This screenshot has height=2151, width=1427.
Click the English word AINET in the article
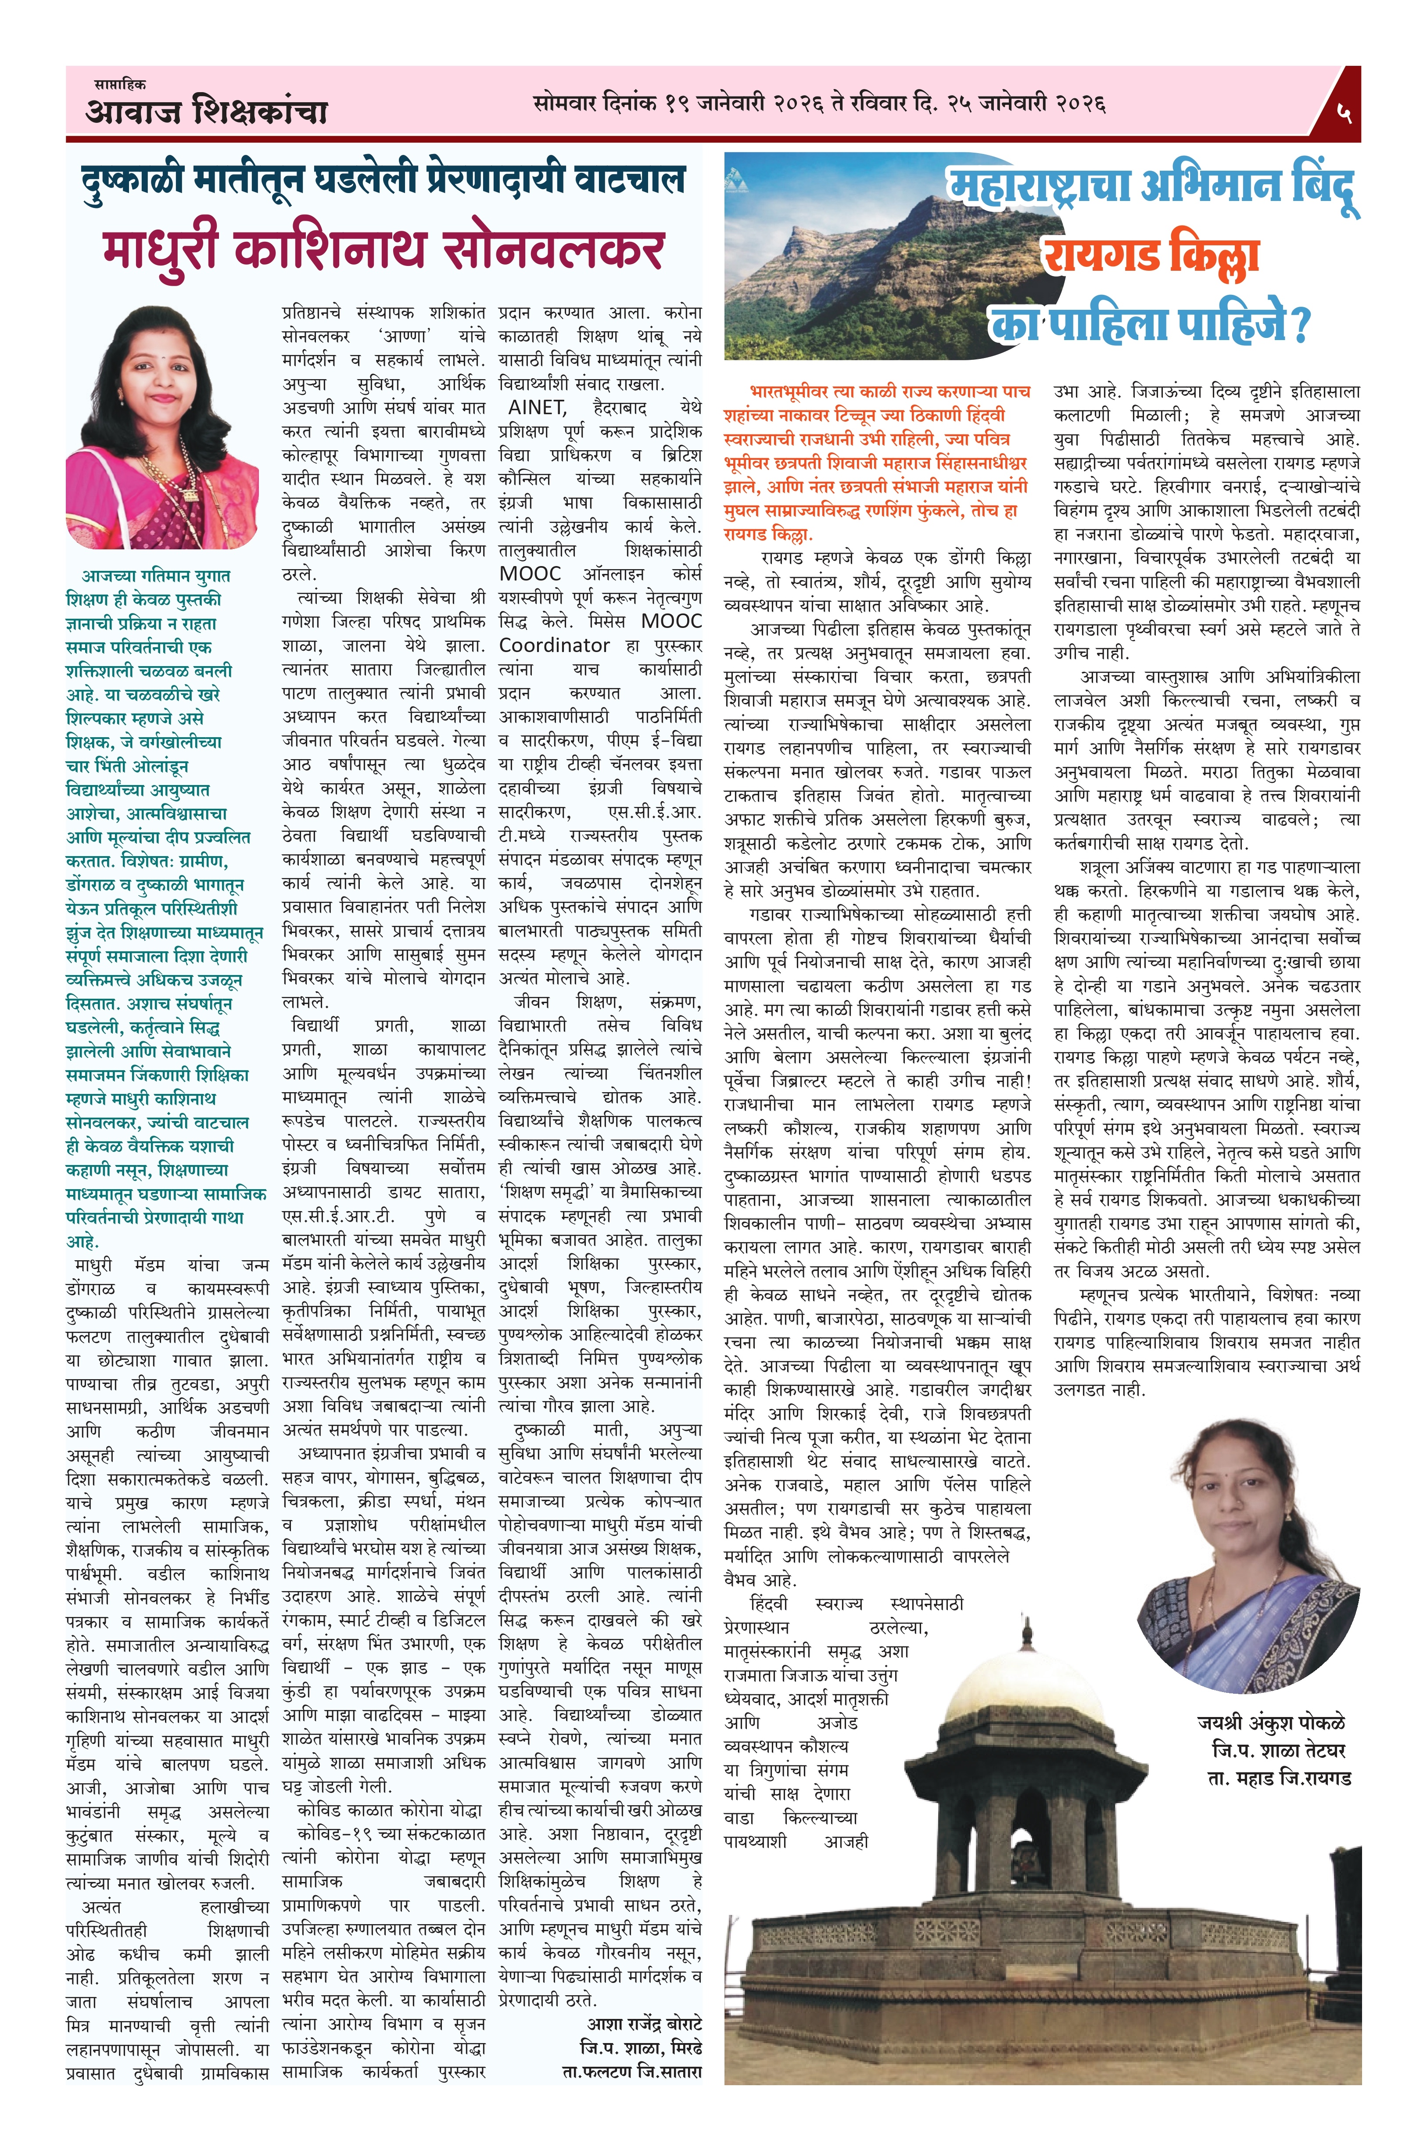pyautogui.click(x=537, y=408)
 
